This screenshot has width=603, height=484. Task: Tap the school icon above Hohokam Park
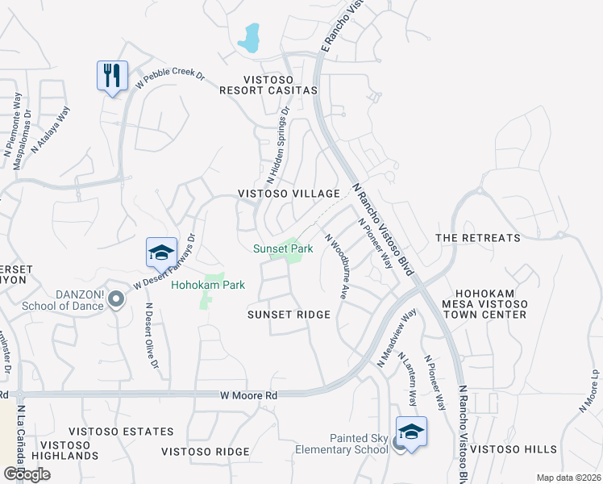click(x=161, y=252)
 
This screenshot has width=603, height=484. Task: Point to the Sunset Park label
click(x=283, y=249)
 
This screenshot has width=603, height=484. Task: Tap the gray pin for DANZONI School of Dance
click(x=116, y=300)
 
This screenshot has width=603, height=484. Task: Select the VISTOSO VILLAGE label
click(x=289, y=194)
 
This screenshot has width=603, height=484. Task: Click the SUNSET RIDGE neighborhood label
click(x=289, y=315)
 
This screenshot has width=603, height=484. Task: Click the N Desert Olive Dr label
click(x=151, y=336)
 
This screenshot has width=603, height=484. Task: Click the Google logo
click(x=27, y=474)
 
